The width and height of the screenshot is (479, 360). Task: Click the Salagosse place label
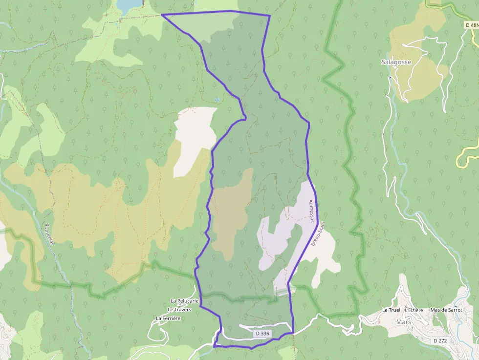click(396, 62)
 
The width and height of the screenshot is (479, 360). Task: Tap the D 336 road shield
click(262, 334)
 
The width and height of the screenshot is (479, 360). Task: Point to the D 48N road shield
click(471, 24)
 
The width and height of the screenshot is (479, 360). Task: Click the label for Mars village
click(404, 322)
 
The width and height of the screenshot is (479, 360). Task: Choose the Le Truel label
click(391, 310)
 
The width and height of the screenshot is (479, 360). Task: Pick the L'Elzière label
click(414, 310)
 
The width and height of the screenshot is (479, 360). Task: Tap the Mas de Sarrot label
click(446, 310)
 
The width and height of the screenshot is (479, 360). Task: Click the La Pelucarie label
click(184, 301)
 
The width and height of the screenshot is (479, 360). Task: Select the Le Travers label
click(179, 310)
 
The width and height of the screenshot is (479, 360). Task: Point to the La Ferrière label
click(168, 318)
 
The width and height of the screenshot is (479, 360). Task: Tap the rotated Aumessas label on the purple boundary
click(311, 211)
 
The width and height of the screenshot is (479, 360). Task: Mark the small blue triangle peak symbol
click(217, 99)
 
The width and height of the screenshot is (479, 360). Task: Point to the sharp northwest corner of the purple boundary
click(162, 15)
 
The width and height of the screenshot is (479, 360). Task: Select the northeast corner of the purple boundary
click(270, 16)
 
